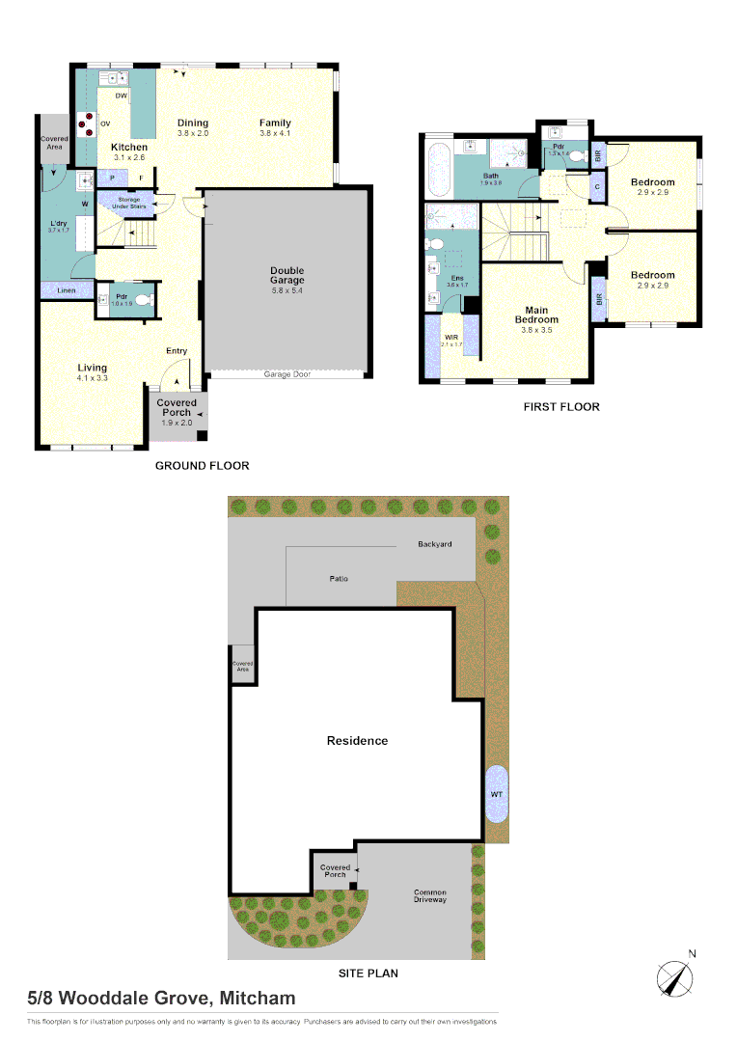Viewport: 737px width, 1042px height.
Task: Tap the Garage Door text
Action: [x=287, y=373]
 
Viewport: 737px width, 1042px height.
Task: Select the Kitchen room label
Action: [x=129, y=148]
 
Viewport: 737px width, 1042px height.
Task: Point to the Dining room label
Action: [x=193, y=123]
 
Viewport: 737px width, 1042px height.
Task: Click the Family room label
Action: [x=275, y=123]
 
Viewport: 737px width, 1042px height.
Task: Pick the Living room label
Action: [x=93, y=368]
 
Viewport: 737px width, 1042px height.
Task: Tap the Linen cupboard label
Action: [x=67, y=289]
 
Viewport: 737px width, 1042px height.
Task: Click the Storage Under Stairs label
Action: [x=129, y=202]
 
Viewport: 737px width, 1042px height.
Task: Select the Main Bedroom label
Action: [x=536, y=314]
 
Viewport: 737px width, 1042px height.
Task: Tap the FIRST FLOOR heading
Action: [x=561, y=407]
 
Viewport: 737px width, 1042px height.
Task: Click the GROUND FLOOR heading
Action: [x=203, y=466]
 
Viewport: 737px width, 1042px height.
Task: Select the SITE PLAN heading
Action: [x=368, y=973]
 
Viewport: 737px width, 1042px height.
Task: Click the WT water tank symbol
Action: [x=498, y=793]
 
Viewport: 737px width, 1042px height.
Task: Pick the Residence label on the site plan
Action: [x=357, y=741]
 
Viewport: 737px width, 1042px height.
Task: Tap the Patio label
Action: [x=337, y=578]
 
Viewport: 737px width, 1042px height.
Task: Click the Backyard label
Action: [x=434, y=544]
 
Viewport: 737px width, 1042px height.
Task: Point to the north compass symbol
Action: [x=676, y=976]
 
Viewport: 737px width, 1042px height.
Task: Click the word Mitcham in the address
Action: [x=259, y=999]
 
